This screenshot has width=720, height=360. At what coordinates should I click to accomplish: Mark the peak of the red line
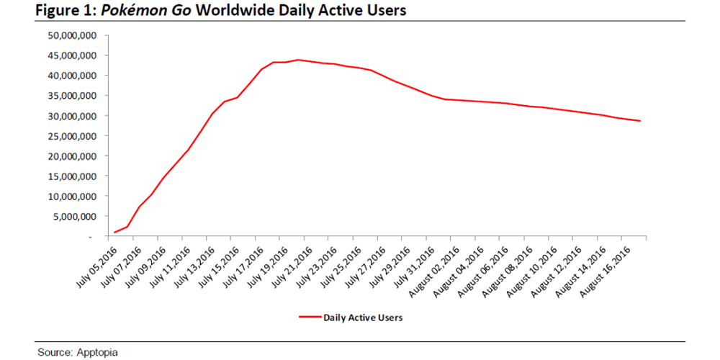[x=297, y=60]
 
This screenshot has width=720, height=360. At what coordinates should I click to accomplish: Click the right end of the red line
[x=640, y=121]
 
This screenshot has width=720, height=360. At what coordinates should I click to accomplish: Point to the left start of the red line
[x=114, y=233]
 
